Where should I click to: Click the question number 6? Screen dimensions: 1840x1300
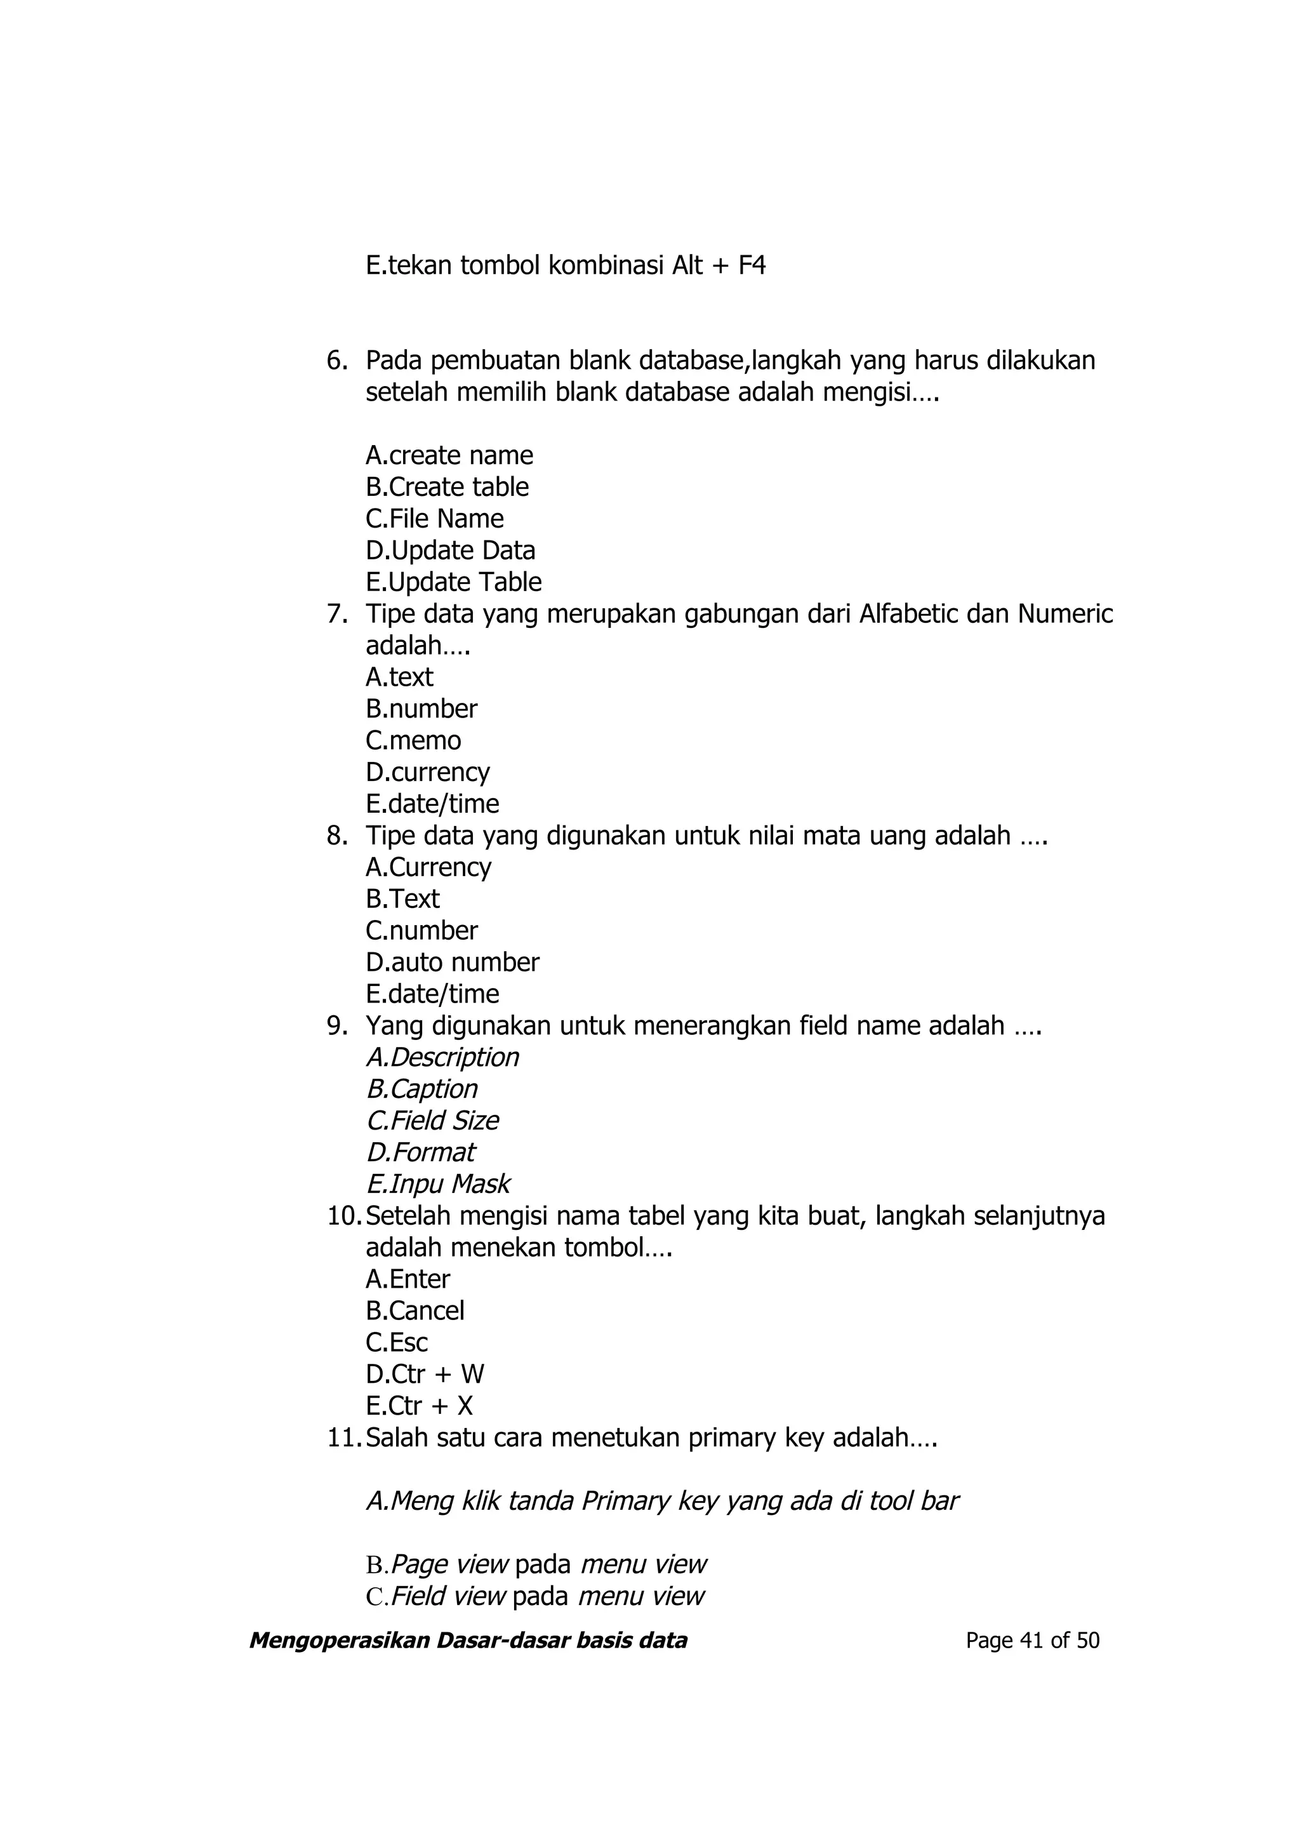click(336, 361)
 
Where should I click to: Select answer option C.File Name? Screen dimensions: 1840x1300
click(434, 519)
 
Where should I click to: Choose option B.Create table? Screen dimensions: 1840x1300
click(447, 487)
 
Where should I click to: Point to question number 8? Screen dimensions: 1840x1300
click(336, 836)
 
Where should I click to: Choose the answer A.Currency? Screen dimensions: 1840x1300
click(428, 867)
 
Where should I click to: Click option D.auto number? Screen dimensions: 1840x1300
click(453, 962)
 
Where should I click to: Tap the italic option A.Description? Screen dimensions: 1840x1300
click(442, 1057)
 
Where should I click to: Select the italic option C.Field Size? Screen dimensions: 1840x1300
click(432, 1121)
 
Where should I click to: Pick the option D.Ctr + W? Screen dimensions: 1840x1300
click(425, 1375)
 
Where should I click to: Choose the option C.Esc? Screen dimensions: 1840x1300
click(397, 1342)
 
